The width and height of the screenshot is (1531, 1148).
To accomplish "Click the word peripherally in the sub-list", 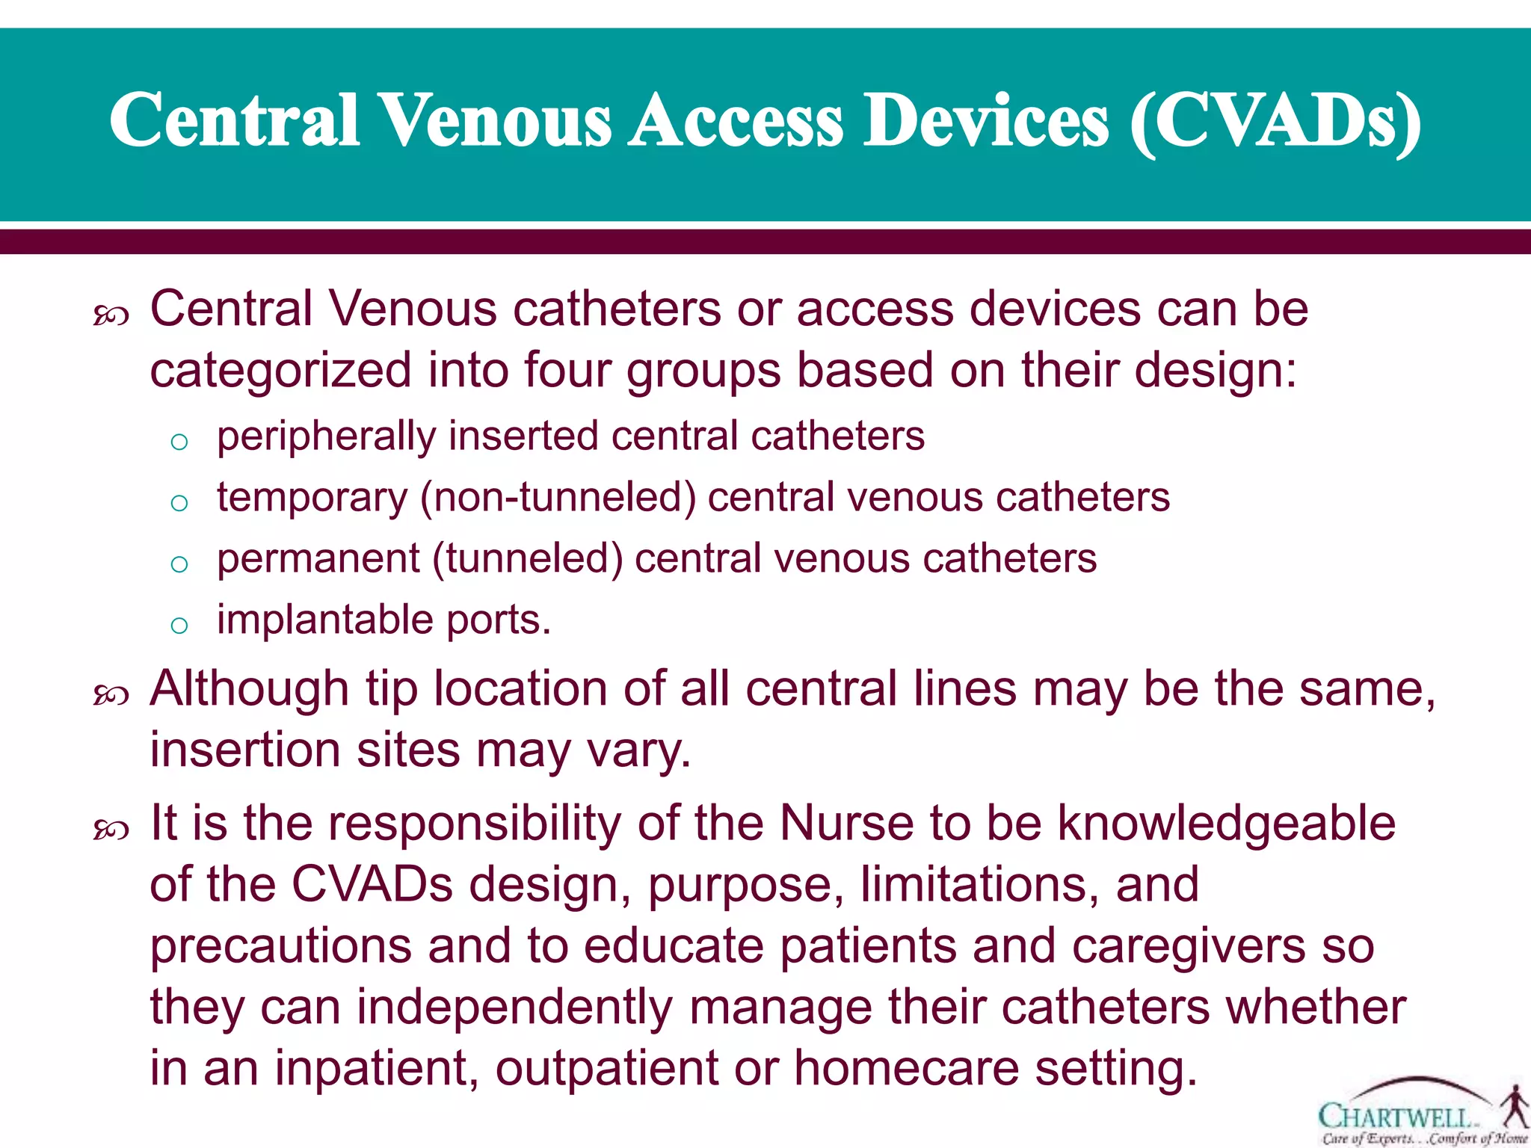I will coord(326,436).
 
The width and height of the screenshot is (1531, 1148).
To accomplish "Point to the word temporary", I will coord(312,499).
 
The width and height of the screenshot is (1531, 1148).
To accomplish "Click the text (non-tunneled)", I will coord(558,499).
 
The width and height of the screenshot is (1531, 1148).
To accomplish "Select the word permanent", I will coord(318,559).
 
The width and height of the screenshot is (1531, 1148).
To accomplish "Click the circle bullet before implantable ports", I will coord(179,625).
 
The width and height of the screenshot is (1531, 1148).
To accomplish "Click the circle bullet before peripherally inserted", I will coord(179,442).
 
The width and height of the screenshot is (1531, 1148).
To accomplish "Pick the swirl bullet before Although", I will coord(111,696).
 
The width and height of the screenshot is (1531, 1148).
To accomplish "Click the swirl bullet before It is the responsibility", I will coord(111,830).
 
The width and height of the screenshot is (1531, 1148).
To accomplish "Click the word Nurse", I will coord(846,824).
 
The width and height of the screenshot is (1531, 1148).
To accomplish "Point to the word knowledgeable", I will coord(1226,824).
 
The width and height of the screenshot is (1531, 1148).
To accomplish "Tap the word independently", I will coord(514,1007).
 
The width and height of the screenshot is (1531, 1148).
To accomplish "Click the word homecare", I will coord(906,1069).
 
